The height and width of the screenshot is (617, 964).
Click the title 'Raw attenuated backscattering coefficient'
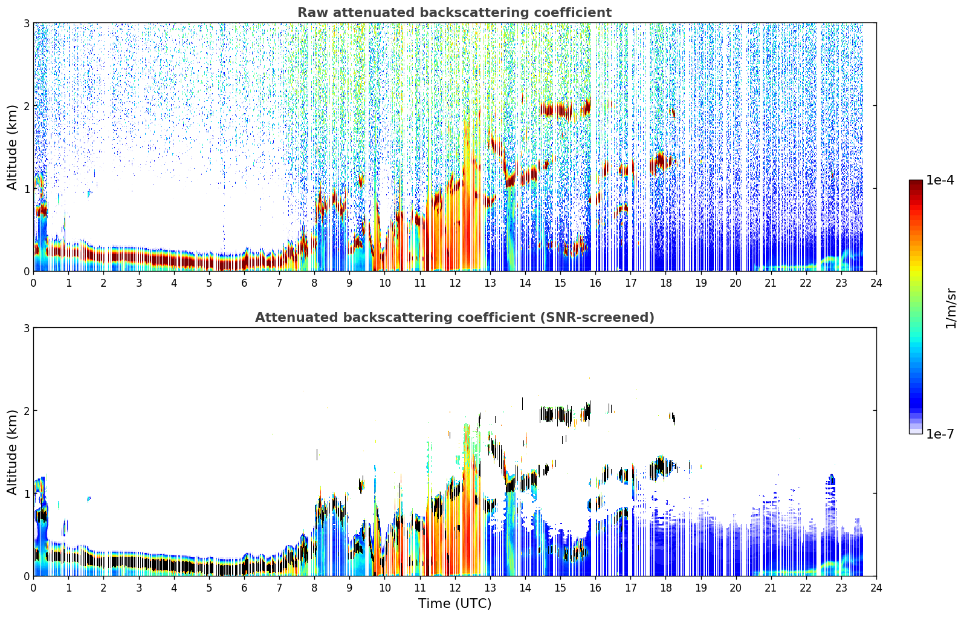point(455,13)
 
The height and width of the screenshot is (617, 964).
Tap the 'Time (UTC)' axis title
point(455,603)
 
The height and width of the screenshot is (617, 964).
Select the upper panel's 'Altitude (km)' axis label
point(12,148)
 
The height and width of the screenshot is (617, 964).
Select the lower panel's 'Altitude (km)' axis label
point(12,452)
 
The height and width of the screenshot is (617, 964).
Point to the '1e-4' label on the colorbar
point(940,180)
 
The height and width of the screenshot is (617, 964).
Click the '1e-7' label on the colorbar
point(940,434)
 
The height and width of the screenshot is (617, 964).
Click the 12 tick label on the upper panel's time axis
point(455,283)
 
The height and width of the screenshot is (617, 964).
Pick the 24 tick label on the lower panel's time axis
point(876,588)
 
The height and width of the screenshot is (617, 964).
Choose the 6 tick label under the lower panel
point(244,588)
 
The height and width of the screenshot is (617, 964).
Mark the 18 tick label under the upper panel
point(666,283)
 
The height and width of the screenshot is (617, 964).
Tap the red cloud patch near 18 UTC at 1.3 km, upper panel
point(662,163)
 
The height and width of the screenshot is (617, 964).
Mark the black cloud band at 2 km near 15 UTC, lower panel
point(564,414)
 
